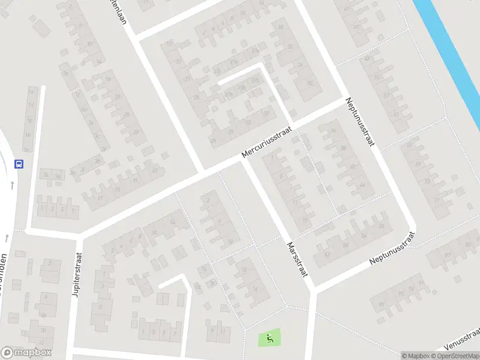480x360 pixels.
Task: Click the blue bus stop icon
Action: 19,164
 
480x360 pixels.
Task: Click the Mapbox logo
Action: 26,353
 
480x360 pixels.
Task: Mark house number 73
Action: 428,181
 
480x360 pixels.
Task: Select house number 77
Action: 437,200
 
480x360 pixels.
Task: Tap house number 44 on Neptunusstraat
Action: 362,184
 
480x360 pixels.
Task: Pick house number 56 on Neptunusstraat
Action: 382,226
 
